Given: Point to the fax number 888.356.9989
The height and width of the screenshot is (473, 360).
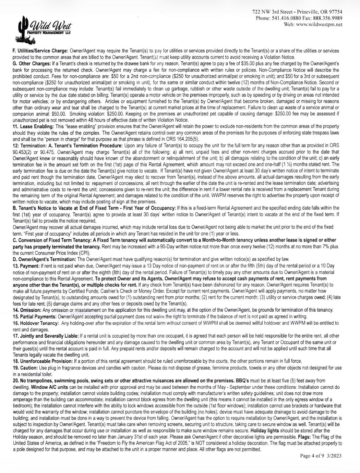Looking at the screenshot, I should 327,18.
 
